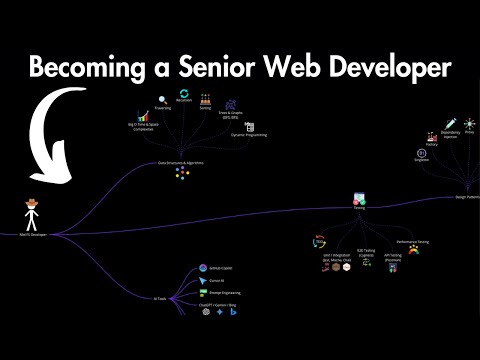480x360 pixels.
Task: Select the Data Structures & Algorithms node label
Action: click(181, 163)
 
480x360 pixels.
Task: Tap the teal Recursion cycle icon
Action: click(183, 95)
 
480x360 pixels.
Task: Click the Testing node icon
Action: click(359, 201)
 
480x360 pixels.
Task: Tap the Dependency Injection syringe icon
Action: click(451, 122)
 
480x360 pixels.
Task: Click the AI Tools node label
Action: click(159, 299)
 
